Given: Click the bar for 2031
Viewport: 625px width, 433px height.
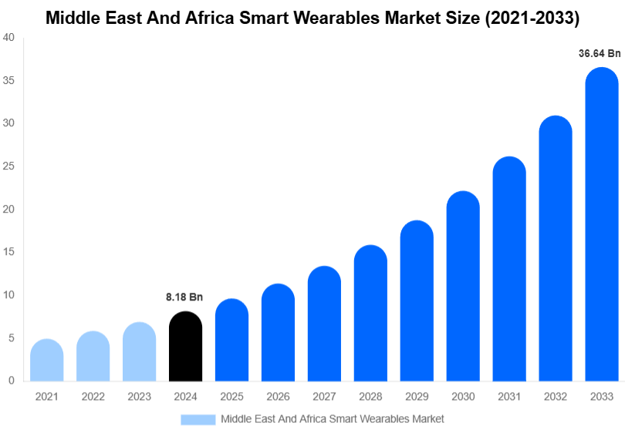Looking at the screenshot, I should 509,270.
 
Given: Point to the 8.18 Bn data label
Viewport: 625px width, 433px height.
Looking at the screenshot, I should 184,297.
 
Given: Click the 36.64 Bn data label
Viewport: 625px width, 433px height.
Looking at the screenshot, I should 600,53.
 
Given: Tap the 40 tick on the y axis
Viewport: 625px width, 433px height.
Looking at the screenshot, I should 9,38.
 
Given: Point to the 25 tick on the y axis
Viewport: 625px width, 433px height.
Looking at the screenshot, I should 9,166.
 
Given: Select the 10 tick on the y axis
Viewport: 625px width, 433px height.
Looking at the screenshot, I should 9,295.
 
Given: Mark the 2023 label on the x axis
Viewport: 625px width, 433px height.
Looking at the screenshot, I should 139,396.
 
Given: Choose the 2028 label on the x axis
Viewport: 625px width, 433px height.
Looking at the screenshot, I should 370,396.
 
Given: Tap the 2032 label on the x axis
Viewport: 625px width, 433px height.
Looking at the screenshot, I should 556,396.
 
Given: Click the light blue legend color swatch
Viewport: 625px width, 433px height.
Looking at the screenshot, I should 198,419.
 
